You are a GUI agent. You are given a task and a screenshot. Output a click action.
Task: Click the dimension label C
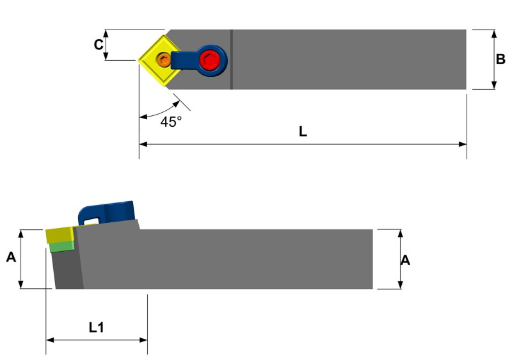coord(98,45)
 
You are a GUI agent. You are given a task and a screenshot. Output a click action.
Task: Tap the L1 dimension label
coord(96,327)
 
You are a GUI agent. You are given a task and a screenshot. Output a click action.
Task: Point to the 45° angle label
coord(171,122)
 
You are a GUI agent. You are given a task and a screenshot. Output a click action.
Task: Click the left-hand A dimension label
coord(11,258)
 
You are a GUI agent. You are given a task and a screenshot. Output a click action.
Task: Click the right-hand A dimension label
coord(404,260)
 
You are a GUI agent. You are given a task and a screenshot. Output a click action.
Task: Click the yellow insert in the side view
coord(60,234)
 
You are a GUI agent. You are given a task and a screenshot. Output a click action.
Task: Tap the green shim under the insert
coord(62,247)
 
